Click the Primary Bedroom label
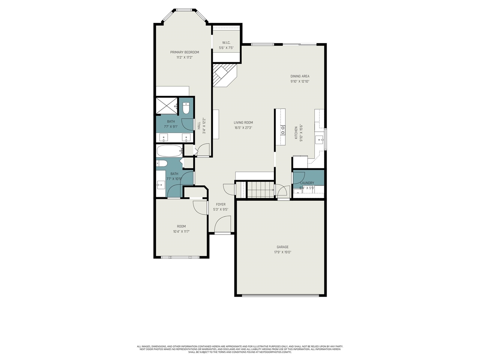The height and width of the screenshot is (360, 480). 184,52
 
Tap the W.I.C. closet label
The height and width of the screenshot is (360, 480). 226,43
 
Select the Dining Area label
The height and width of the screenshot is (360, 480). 300,76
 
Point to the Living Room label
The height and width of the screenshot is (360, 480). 243,123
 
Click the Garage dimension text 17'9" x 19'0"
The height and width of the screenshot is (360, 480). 283,252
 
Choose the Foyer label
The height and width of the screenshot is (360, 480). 220,204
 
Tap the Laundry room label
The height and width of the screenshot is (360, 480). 307,183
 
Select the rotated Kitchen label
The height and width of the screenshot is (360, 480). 296,133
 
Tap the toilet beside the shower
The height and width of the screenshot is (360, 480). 186,108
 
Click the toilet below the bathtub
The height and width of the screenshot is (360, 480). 162,163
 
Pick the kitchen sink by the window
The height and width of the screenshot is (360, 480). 320,140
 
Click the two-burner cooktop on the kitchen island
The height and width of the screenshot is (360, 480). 282,130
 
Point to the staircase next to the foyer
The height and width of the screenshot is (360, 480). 261,190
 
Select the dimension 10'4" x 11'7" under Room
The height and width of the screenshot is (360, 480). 181,232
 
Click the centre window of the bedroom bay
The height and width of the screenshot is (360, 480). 184,10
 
